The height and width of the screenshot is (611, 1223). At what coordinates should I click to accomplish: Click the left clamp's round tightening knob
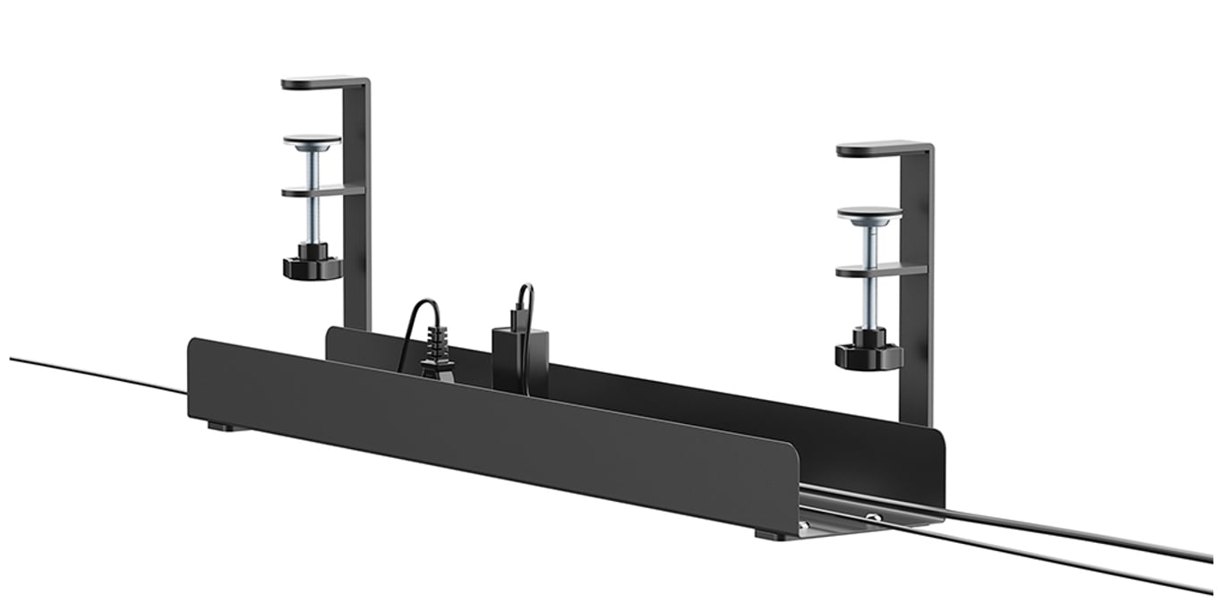(312, 267)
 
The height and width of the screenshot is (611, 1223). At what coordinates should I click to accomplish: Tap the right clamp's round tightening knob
(868, 355)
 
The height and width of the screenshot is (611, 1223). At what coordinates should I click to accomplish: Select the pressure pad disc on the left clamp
(312, 141)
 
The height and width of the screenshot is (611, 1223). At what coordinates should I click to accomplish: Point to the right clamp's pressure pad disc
(869, 215)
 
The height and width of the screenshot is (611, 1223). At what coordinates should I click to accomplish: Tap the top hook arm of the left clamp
(322, 83)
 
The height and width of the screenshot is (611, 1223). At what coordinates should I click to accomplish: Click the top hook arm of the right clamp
(882, 149)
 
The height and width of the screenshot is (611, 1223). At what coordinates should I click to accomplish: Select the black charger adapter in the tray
(520, 358)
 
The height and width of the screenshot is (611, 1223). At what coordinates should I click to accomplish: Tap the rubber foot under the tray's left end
(229, 427)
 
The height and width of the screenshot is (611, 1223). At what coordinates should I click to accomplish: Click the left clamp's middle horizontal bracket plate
(322, 191)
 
